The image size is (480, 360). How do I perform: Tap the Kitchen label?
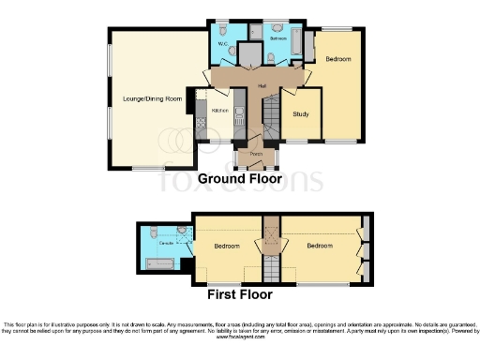pos(220,111)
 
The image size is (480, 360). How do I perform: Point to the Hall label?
pos(249,85)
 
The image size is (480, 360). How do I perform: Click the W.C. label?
pos(223,44)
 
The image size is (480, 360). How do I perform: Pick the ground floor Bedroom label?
pos(338,60)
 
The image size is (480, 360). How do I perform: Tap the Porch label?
pos(254,153)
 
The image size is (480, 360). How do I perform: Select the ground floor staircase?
pos(266,117)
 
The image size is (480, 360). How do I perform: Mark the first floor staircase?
pos(272,246)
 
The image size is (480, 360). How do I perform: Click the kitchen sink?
pos(238,118)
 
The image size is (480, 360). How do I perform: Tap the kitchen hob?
pos(201,120)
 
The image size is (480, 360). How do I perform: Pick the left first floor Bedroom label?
pos(226,247)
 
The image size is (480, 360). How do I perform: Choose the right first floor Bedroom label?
pos(320,246)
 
